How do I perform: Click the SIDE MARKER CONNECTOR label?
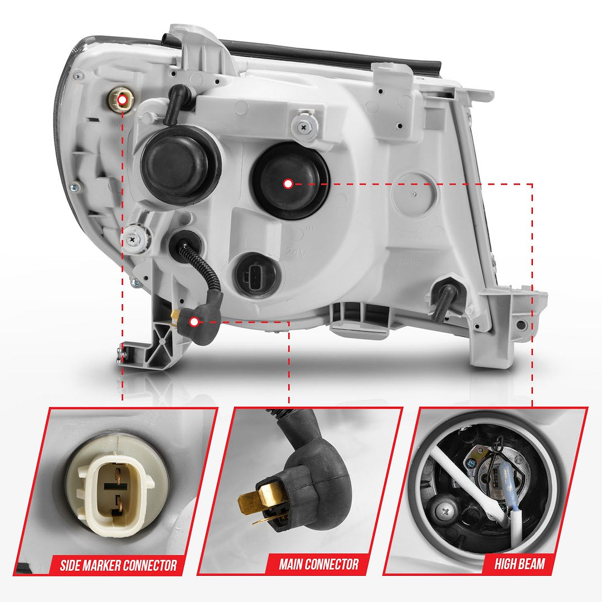click(118, 566)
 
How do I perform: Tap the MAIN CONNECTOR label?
click(318, 564)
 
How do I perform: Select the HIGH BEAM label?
click(519, 564)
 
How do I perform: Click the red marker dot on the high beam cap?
click(288, 183)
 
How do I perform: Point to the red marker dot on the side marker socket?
click(122, 100)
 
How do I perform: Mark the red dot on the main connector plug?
click(194, 322)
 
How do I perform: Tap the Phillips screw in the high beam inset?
click(446, 509)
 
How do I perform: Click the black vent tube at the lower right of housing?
click(444, 300)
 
